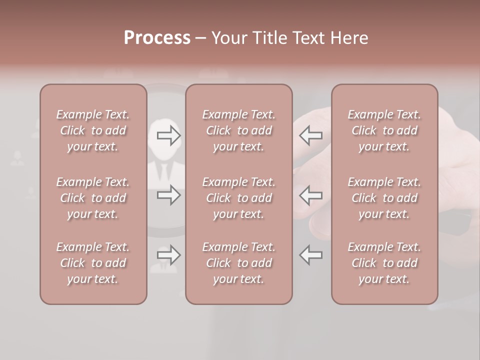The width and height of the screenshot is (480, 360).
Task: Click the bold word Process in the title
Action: tap(157, 37)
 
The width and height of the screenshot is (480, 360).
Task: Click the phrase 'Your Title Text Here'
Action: tap(289, 37)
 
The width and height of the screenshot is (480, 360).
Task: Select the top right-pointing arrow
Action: tap(169, 135)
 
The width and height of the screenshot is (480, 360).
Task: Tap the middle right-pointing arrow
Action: tap(169, 195)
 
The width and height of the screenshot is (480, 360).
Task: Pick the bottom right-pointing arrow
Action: tap(169, 255)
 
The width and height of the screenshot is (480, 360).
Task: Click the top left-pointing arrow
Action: tap(311, 135)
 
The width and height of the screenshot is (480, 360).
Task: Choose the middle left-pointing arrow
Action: tap(311, 195)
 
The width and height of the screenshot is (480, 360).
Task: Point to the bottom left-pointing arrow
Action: tap(311, 255)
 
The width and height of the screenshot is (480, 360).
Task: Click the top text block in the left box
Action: tap(93, 130)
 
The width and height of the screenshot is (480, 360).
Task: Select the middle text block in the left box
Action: tap(93, 198)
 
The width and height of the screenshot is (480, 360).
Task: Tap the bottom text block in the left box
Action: tap(93, 263)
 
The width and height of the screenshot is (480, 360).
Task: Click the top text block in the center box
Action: tap(238, 130)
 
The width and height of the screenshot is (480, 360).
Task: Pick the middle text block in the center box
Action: tap(238, 198)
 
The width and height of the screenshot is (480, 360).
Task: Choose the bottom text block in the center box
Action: tap(238, 263)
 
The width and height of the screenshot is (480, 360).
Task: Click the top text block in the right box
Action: tap(384, 130)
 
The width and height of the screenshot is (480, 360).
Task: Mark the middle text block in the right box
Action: tap(384, 198)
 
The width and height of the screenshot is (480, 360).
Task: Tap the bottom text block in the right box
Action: tap(384, 263)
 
